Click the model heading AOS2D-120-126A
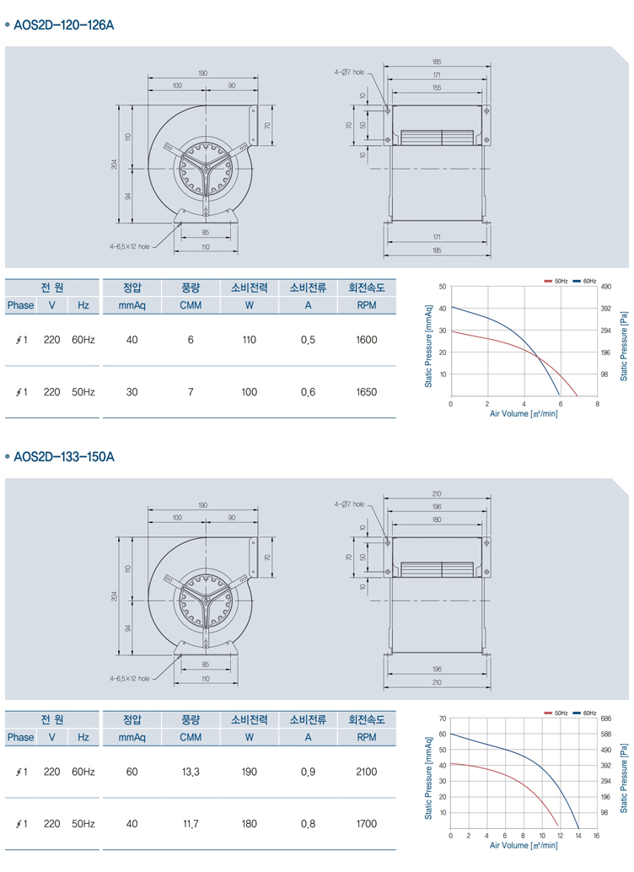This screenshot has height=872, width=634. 64,25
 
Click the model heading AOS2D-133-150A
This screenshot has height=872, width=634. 64,457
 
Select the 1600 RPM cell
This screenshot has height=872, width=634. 367,340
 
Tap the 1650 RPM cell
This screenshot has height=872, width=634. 367,392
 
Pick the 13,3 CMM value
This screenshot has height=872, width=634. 191,772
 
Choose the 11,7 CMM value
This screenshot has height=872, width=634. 191,824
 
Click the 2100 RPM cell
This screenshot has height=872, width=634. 367,772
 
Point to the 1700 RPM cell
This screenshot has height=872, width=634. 367,824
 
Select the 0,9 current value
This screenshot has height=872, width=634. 308,772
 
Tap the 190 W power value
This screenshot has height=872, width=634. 250,772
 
